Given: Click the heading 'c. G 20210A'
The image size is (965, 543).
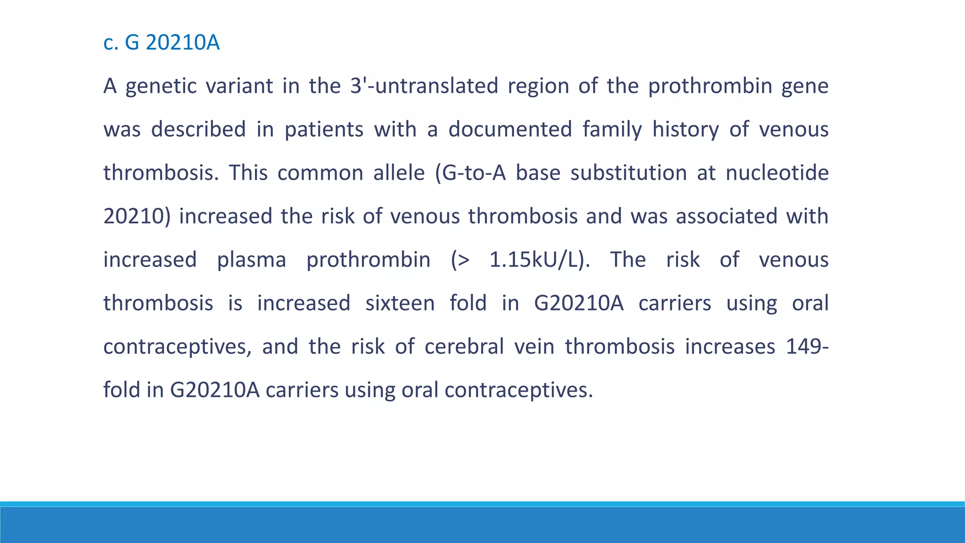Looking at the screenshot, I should pos(161,43).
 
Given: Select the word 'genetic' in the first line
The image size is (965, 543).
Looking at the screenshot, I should pos(161,86).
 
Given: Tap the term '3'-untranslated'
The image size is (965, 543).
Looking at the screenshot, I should pos(424,86).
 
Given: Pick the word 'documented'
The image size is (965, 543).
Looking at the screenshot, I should pos(510,130).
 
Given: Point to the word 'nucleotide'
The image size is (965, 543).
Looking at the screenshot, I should pos(777,173).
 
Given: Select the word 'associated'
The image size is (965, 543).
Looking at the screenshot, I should pos(727,216).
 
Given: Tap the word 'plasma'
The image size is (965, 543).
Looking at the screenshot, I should pos(251,260).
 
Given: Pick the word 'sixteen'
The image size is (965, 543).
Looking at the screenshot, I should pos(400,304).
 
